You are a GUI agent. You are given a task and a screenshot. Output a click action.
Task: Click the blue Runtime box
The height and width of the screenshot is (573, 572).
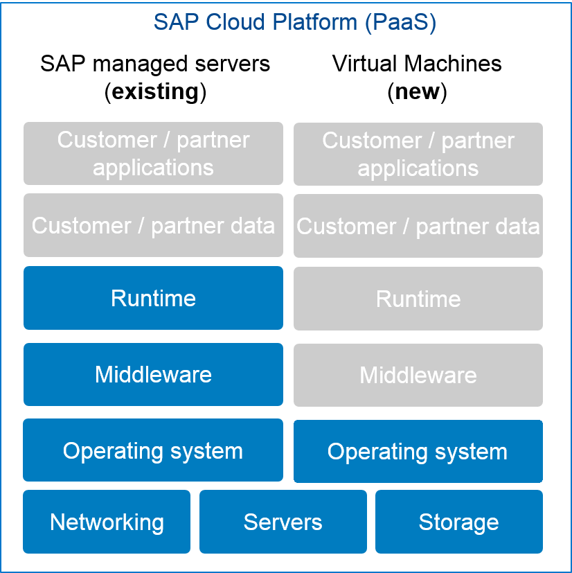(x=153, y=298)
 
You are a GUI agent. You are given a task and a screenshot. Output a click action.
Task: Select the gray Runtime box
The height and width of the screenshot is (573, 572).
(x=418, y=299)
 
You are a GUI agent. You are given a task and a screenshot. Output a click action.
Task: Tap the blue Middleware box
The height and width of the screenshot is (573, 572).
(x=153, y=374)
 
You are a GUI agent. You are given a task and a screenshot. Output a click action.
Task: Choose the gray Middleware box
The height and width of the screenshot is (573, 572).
(x=418, y=375)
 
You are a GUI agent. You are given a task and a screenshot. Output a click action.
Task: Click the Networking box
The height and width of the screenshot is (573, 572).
(x=107, y=522)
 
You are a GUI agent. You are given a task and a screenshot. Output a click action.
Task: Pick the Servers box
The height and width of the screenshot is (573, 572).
(x=283, y=522)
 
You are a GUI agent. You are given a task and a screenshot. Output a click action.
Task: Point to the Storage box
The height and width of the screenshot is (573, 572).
(x=458, y=522)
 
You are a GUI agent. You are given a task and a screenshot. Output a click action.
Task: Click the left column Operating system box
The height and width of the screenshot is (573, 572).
(x=153, y=450)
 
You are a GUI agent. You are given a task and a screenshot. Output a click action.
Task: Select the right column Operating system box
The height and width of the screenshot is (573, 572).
(x=418, y=452)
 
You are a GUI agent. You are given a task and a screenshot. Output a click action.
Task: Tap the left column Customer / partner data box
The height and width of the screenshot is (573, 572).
(x=153, y=225)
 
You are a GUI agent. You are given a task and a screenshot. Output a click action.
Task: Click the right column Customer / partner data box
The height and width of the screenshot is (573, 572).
(x=418, y=226)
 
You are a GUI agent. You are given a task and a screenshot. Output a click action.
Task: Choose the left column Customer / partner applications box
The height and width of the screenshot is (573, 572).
(x=153, y=153)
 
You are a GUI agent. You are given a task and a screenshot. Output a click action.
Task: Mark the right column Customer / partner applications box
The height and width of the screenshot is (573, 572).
(x=418, y=154)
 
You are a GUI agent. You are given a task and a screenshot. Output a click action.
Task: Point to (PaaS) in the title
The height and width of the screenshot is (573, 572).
(x=400, y=22)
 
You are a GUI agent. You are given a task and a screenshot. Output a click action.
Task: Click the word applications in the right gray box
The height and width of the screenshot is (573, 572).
(x=418, y=168)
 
